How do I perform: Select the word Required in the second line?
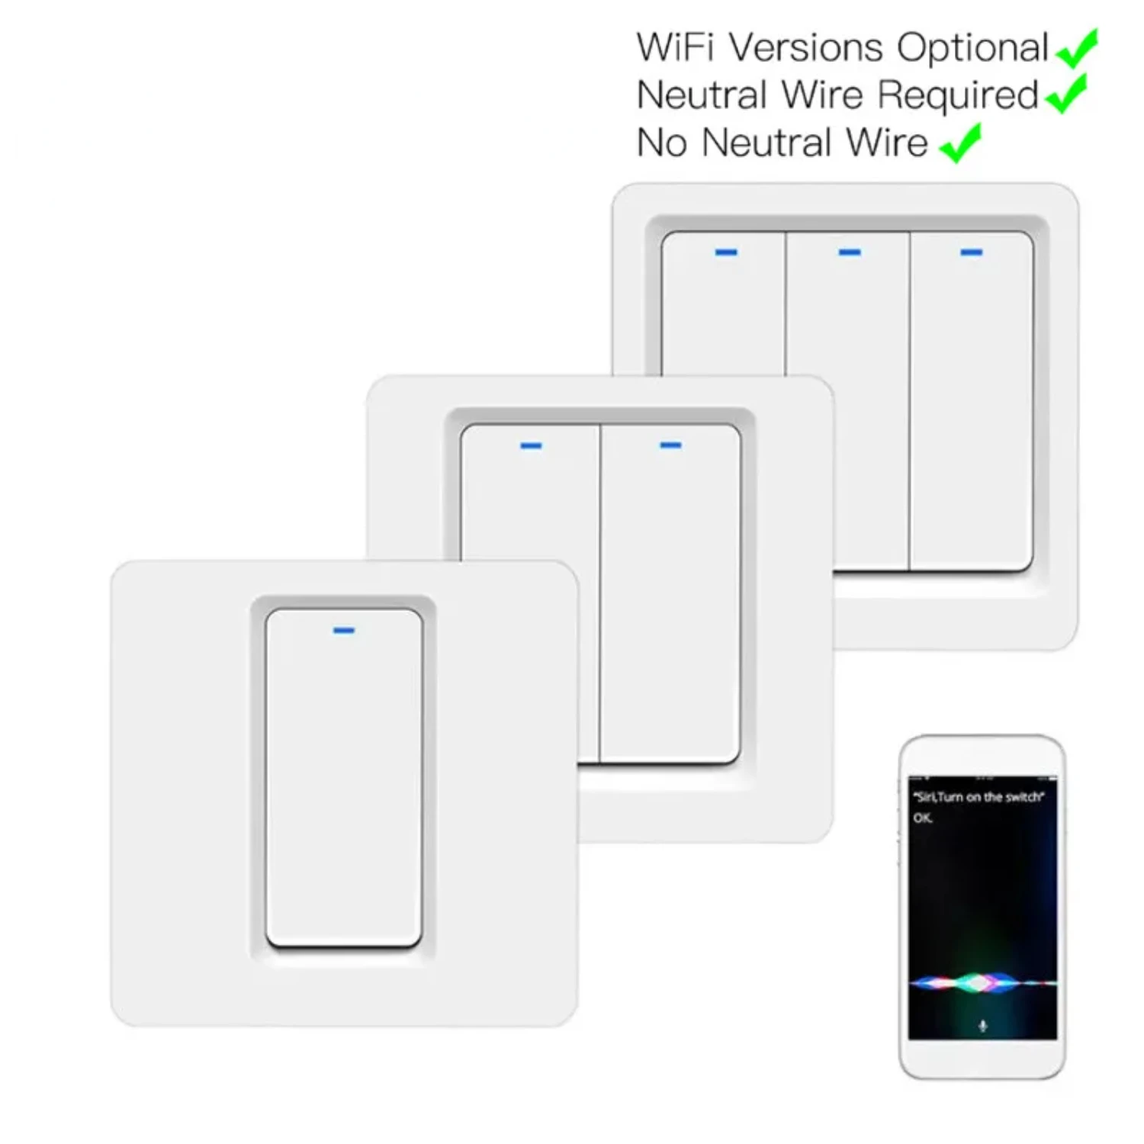pyautogui.click(x=958, y=95)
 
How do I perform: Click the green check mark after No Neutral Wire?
pyautogui.click(x=961, y=143)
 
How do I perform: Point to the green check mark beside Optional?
pyautogui.click(x=1077, y=48)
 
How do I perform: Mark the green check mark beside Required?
pyautogui.click(x=1066, y=94)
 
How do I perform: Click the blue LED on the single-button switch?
pyautogui.click(x=344, y=631)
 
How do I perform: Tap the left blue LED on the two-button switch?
pyautogui.click(x=531, y=445)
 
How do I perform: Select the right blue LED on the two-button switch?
pyautogui.click(x=670, y=445)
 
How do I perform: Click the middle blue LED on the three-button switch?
pyautogui.click(x=850, y=252)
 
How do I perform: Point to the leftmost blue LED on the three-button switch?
pyautogui.click(x=726, y=252)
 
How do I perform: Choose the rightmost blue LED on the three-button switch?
pyautogui.click(x=971, y=252)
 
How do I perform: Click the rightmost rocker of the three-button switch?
pyautogui.click(x=972, y=401)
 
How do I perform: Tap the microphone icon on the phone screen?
pyautogui.click(x=982, y=1026)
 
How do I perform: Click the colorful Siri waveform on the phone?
pyautogui.click(x=982, y=982)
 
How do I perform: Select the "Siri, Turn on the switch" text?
pyautogui.click(x=979, y=797)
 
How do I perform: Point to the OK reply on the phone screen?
pyautogui.click(x=922, y=818)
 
